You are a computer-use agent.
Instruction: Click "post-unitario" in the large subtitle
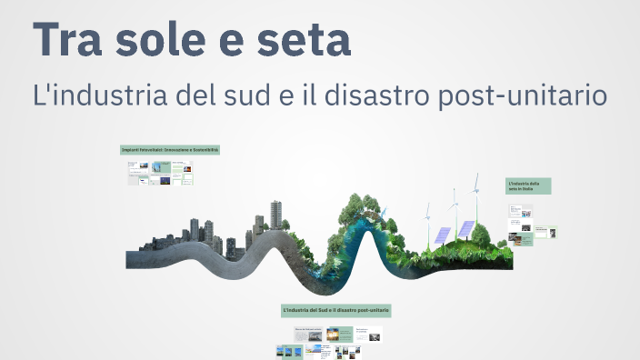pos(526,95)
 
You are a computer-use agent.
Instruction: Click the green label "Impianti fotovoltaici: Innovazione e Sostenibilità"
pos(170,149)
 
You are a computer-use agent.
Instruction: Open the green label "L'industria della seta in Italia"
pos(528,186)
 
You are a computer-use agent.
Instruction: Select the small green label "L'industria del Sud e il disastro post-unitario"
pos(337,311)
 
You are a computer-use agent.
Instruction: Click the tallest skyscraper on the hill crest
pos(276,215)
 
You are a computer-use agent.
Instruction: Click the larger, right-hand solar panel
pos(465,229)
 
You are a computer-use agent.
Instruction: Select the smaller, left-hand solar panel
pos(443,235)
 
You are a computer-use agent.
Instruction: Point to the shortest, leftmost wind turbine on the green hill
pos(426,212)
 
